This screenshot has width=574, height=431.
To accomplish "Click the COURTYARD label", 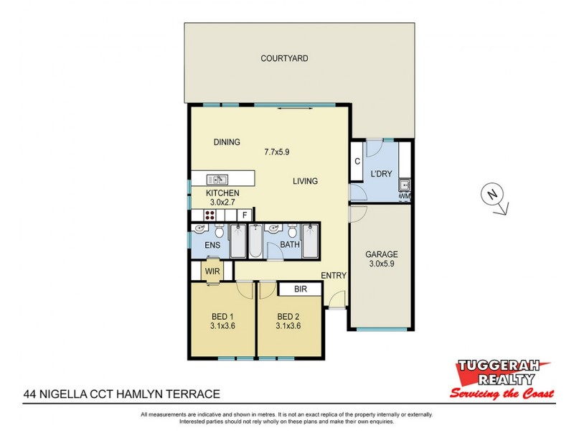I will point(284,58).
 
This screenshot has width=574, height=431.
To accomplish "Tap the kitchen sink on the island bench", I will point(217,180).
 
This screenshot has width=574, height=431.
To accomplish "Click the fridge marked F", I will point(245,215).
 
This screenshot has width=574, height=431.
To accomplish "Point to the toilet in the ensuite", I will point(220,231).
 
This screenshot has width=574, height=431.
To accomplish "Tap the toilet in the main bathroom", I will point(291,231).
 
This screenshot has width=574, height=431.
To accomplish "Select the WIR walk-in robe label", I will point(212,271).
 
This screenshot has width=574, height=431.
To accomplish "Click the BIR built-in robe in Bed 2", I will point(301,289).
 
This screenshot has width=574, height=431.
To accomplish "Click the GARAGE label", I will point(381,254).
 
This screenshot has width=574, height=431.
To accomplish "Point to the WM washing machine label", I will point(404,195).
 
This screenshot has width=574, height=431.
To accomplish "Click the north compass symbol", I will point(492,195).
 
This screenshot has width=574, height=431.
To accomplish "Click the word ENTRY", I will point(334,276).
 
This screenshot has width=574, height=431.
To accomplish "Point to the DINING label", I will point(227,142).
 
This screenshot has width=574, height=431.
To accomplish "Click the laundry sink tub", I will point(405,183).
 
